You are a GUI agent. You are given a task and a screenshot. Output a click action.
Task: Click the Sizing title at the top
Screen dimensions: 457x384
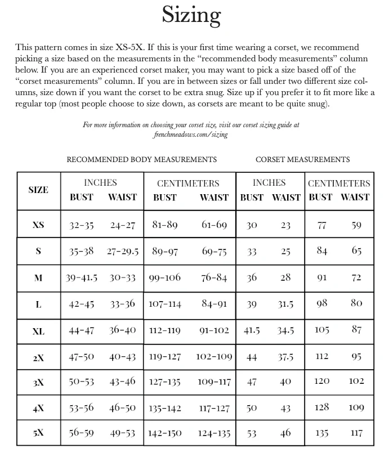(x=191, y=15)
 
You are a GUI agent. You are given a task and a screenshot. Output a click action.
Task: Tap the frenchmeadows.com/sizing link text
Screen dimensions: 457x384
(x=190, y=135)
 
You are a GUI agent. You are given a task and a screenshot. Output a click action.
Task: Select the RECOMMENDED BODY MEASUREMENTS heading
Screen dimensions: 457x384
(x=141, y=159)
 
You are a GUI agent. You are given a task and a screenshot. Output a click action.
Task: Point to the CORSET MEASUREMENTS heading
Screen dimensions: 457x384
(x=302, y=159)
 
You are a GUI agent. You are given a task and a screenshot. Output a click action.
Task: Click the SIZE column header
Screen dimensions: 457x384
(x=38, y=190)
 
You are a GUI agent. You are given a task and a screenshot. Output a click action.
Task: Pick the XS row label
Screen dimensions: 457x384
(x=38, y=225)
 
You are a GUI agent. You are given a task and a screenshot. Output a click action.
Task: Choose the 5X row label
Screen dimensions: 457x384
(x=38, y=433)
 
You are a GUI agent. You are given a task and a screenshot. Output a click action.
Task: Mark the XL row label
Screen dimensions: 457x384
(x=38, y=331)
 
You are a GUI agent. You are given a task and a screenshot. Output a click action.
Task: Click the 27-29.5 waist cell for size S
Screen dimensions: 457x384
(x=123, y=251)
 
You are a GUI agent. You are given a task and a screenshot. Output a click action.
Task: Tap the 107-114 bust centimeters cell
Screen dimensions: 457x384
(x=165, y=304)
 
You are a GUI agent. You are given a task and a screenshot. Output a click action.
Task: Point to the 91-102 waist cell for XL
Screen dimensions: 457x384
(x=214, y=330)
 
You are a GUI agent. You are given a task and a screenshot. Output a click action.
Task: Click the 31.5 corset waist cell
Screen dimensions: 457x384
(x=285, y=304)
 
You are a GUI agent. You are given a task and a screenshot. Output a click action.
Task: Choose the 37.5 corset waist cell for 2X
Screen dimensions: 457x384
(x=285, y=356)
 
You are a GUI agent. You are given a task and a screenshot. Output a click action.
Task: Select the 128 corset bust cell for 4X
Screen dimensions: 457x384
(x=322, y=407)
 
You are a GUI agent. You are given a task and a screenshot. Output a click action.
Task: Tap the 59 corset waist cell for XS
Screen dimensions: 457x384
(x=356, y=225)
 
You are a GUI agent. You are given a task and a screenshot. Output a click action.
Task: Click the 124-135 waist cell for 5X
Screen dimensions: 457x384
(x=214, y=433)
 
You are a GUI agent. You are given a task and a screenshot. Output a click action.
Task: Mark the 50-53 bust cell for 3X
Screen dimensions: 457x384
(x=82, y=382)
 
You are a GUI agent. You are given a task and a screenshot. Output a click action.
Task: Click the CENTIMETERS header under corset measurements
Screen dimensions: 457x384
(x=339, y=183)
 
